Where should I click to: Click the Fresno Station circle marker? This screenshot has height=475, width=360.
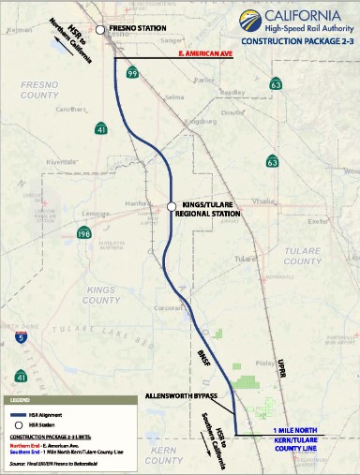[102, 30]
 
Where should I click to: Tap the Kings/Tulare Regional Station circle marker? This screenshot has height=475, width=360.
[171, 207]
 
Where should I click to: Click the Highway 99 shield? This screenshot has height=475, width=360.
[133, 72]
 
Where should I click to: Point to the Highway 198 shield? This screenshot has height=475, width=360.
[83, 232]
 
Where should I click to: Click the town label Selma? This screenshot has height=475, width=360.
[173, 96]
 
